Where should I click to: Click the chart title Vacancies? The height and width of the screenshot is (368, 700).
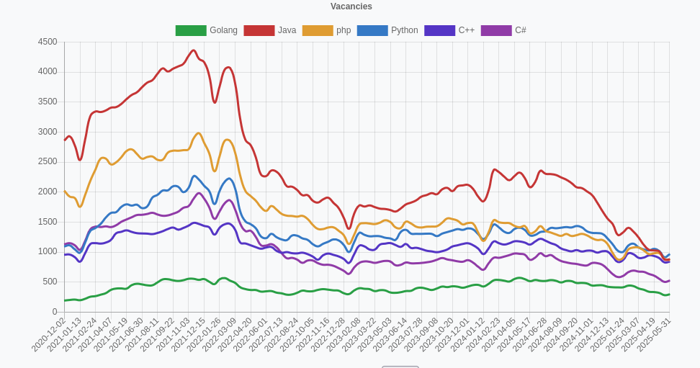tap(351, 6)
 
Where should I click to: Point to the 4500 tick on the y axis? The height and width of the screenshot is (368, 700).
tap(48, 42)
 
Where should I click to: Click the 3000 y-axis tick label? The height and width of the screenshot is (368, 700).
tap(48, 132)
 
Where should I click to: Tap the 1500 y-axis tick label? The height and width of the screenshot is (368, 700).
tap(48, 222)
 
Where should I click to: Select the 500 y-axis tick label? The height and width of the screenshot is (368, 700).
tap(50, 282)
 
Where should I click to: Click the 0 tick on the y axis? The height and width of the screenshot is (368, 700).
tap(55, 312)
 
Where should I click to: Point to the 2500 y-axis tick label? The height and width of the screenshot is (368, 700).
tap(48, 161)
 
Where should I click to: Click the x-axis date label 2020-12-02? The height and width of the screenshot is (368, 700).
tap(49, 336)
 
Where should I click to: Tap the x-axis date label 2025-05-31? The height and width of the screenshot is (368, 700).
tap(655, 336)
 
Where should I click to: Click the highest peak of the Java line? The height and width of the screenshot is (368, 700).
tap(193, 50)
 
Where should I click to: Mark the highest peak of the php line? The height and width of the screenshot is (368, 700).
tap(199, 133)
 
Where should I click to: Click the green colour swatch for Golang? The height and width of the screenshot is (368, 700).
tap(191, 30)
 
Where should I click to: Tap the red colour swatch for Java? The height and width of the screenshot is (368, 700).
tap(259, 30)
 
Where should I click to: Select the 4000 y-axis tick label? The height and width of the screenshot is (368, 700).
tap(48, 71)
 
